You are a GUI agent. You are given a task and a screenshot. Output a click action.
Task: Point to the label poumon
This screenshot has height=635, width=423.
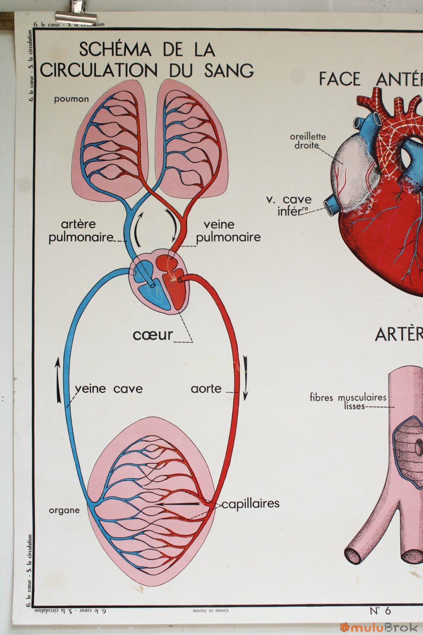click(x=71, y=99)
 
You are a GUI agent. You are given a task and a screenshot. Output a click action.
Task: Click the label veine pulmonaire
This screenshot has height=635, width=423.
click(x=228, y=231)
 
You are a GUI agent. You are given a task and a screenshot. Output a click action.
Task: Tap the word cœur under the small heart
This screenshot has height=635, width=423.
click(x=152, y=335)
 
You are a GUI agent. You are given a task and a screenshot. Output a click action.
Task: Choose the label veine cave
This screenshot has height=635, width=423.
click(x=109, y=389)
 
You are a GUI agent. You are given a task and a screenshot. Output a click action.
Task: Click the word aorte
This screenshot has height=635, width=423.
click(x=206, y=389)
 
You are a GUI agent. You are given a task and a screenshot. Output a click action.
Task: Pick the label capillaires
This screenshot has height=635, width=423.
click(x=250, y=504)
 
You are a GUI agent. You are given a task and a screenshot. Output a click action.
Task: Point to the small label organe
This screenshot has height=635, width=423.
click(x=64, y=510)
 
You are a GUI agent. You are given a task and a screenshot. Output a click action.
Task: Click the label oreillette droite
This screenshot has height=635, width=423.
click(x=307, y=141)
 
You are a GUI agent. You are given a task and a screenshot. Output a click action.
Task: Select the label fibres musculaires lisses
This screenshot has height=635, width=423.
click(x=348, y=401)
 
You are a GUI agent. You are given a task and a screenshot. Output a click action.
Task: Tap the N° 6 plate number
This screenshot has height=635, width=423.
click(x=380, y=610)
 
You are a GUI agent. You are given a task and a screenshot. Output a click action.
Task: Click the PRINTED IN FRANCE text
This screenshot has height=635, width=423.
click(x=210, y=611)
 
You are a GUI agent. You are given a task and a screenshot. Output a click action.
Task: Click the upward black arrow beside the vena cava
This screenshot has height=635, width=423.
click(x=58, y=380)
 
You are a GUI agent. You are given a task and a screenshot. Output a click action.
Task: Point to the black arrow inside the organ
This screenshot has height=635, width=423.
click(x=178, y=504)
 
